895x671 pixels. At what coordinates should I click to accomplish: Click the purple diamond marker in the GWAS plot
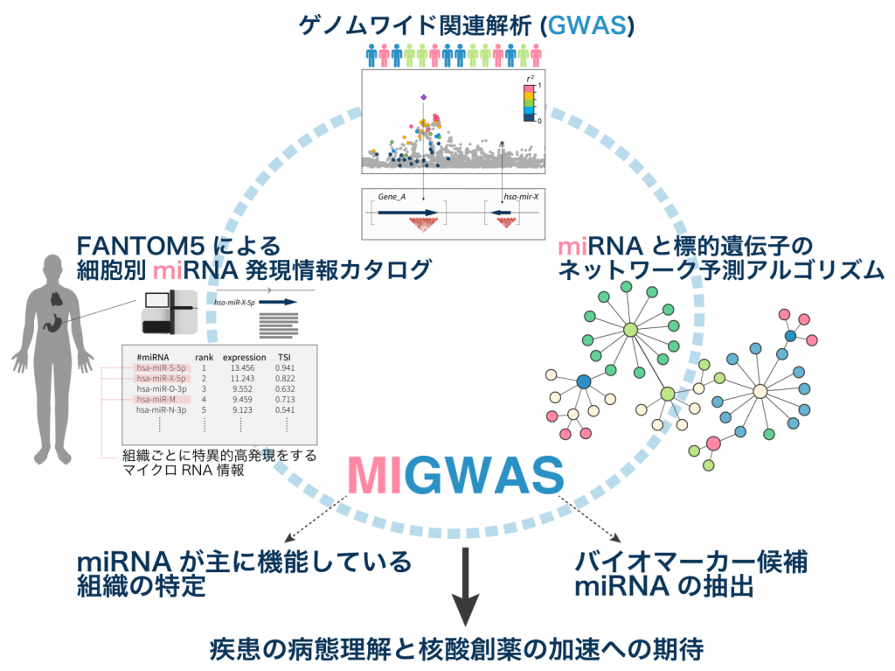pyautogui.click(x=423, y=97)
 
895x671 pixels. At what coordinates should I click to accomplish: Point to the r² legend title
pyautogui.click(x=530, y=79)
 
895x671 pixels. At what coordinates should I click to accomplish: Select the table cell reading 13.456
pyautogui.click(x=244, y=368)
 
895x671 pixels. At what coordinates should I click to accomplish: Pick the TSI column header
pyautogui.click(x=285, y=357)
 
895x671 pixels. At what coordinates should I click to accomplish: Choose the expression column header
pyautogui.click(x=244, y=357)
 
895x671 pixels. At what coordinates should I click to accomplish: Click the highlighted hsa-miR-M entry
pyautogui.click(x=156, y=399)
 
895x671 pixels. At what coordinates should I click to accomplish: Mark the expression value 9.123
pyautogui.click(x=244, y=409)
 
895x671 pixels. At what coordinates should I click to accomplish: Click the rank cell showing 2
pyautogui.click(x=204, y=378)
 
